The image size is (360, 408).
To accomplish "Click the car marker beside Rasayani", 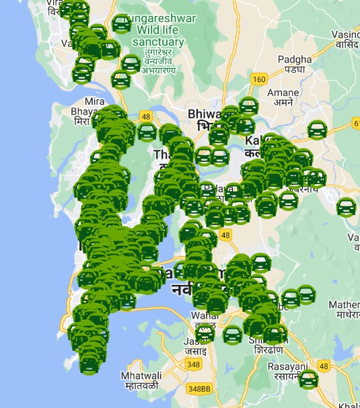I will (308, 379).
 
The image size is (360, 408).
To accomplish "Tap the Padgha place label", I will (294, 64).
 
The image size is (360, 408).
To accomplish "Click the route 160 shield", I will (259, 79).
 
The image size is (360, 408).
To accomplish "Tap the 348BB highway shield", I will (199, 389).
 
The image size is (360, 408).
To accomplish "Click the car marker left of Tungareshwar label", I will (121, 25).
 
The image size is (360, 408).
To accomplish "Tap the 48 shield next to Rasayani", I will (324, 366).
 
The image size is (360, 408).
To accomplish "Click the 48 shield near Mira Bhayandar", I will (145, 116).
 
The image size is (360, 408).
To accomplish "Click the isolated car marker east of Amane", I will (317, 130).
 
